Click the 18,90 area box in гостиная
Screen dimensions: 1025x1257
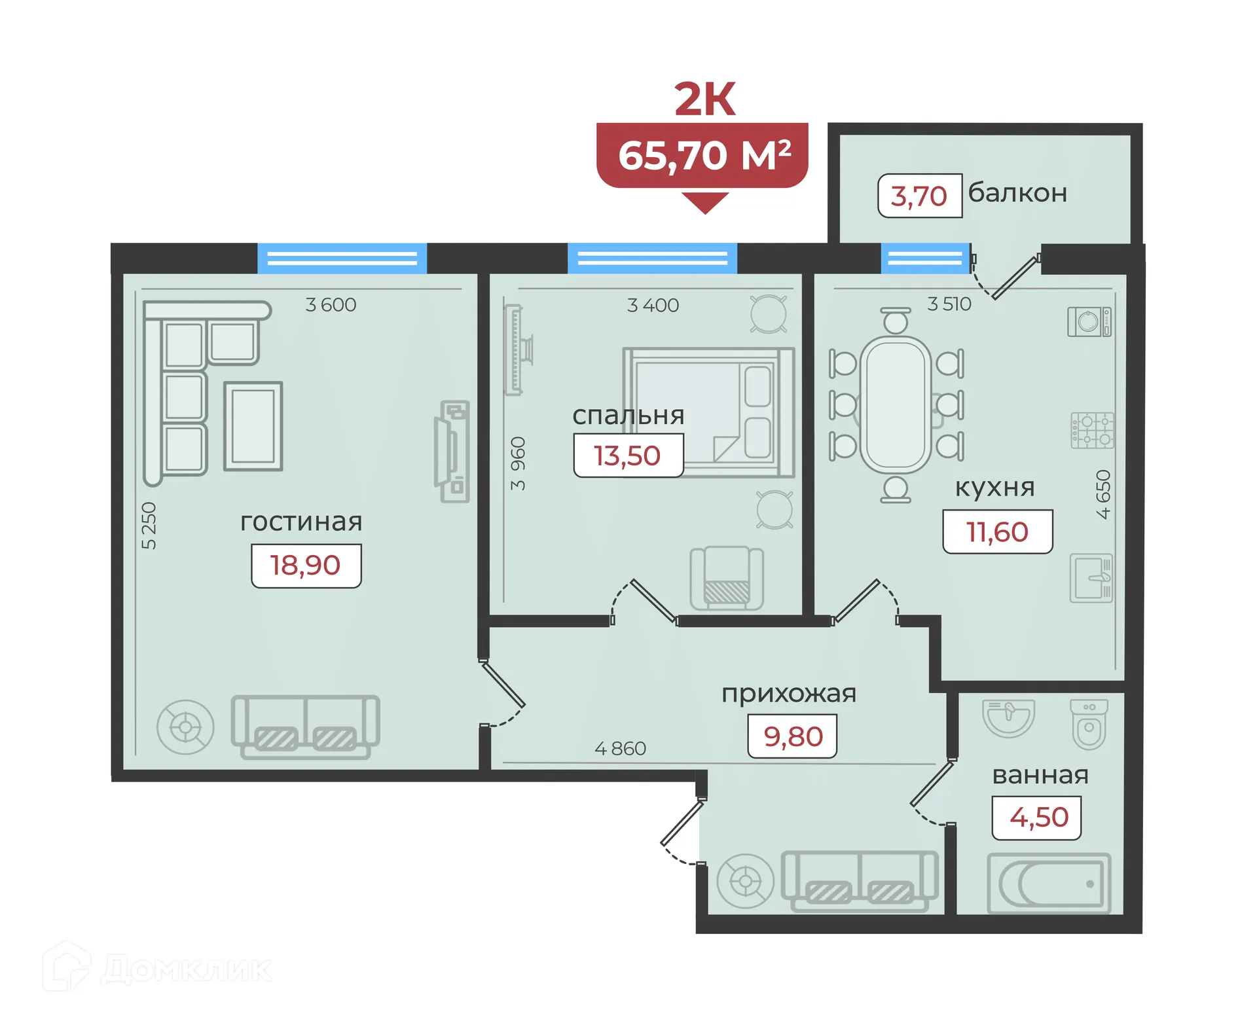[x=306, y=566]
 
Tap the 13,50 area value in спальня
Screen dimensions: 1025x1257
[x=628, y=456]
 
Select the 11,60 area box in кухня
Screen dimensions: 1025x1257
[x=997, y=531]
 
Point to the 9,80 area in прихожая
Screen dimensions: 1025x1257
[x=792, y=736]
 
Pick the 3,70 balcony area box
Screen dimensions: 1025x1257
[x=919, y=196]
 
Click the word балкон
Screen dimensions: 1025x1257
[x=1017, y=193]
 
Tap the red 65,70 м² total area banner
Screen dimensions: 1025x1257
[x=702, y=156]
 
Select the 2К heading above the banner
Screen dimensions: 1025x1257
[x=704, y=99]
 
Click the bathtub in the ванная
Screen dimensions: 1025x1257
[x=1049, y=883]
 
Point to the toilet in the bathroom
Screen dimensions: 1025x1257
[x=1089, y=724]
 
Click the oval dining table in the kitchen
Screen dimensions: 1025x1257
[x=896, y=404]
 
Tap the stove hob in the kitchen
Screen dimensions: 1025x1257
[x=1091, y=430]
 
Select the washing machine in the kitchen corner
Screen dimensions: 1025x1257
[x=1089, y=321]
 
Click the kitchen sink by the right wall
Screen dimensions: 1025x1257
[x=1091, y=578]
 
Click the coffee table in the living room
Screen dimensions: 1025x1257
[x=253, y=426]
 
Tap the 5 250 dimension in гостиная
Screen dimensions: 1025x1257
[x=149, y=525]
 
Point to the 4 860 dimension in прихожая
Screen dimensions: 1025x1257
[x=620, y=748]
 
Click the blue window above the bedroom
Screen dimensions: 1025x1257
[x=652, y=258]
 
